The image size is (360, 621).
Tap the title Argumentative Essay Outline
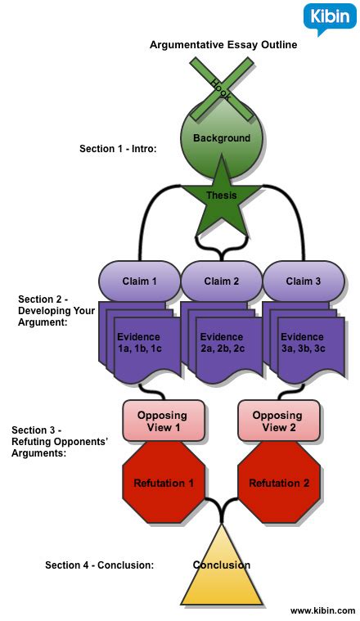click(223, 45)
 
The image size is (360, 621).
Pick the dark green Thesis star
click(222, 196)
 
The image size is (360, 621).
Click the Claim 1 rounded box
click(139, 281)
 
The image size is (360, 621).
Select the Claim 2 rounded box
click(222, 281)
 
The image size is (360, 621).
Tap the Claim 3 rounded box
click(304, 281)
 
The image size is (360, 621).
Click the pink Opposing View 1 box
click(163, 421)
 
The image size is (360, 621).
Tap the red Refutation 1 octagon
click(164, 483)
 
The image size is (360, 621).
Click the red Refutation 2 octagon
click(279, 483)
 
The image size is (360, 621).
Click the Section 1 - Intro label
click(118, 149)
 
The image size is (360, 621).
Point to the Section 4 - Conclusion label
click(99, 565)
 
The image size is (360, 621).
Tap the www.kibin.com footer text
click(322, 610)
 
